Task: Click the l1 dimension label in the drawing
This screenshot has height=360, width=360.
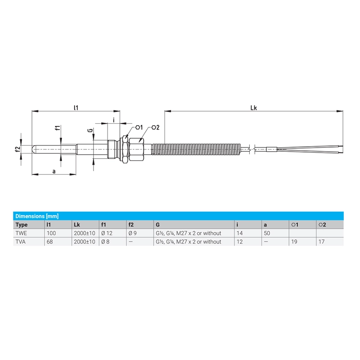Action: tap(76, 108)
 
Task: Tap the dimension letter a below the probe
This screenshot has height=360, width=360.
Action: tap(54, 171)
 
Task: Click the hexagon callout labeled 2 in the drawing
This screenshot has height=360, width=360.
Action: tap(154, 128)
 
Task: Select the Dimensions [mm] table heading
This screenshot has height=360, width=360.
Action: tap(36, 216)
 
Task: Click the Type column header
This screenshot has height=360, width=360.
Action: tap(22, 225)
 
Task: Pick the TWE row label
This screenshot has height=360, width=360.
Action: tap(22, 233)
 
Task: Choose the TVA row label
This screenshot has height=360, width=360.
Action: tap(21, 242)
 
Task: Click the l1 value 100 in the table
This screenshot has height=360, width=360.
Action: tap(52, 233)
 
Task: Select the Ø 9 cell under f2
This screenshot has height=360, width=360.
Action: tap(134, 233)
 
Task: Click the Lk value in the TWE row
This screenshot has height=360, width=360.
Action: tap(84, 233)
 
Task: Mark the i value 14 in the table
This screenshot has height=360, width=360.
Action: tap(239, 233)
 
